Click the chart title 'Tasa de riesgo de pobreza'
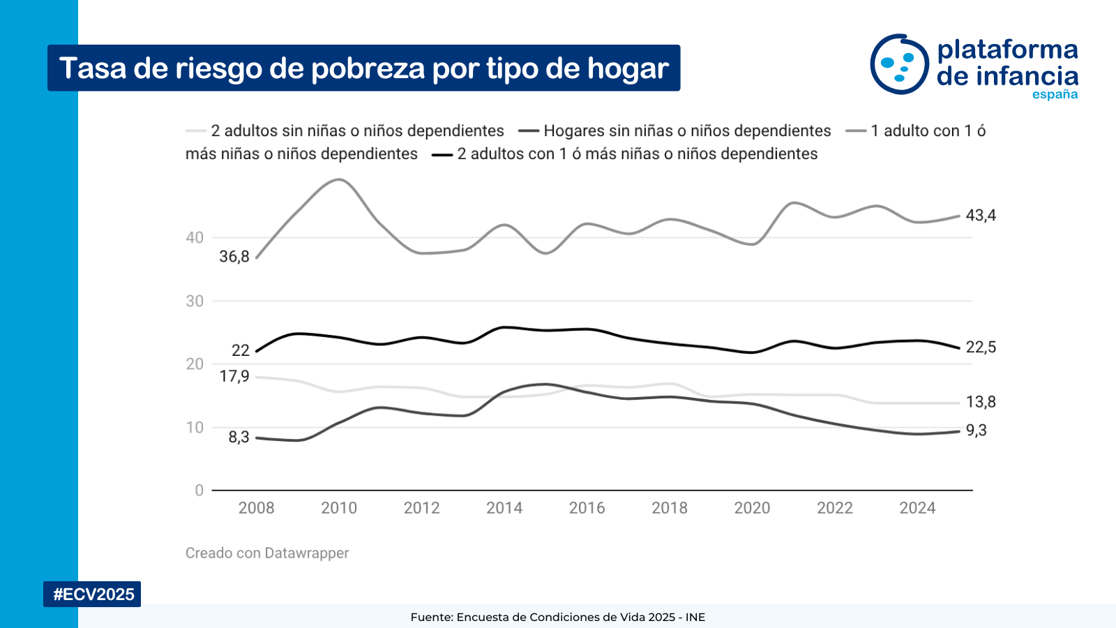363,68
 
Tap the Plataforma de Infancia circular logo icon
899,64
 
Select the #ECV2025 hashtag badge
93,595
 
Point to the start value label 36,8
234,257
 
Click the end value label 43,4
981,216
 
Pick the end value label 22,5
981,347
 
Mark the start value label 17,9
234,377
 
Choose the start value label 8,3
239,438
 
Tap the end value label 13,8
981,402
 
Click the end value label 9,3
976,431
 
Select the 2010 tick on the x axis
339,508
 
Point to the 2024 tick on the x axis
917,508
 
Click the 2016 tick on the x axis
587,508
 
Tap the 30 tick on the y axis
195,301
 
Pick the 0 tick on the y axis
199,491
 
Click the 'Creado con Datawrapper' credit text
267,553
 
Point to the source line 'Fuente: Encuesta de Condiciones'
558,618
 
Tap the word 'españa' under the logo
1055,94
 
